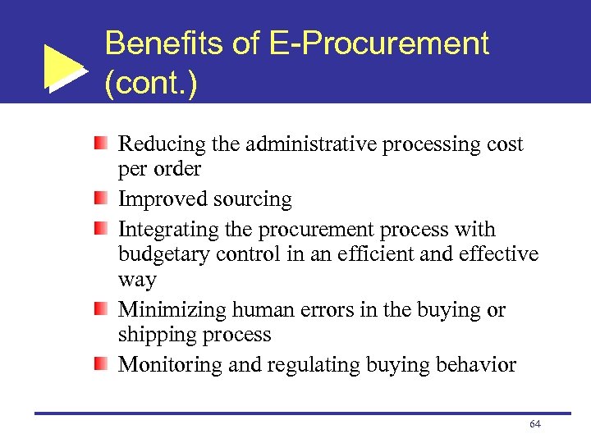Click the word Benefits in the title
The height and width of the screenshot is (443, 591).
click(164, 43)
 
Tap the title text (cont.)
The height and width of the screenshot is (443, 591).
click(151, 83)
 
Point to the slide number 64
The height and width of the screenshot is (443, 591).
click(535, 423)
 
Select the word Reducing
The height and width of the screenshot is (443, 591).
click(162, 145)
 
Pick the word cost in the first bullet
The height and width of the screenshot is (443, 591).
click(503, 144)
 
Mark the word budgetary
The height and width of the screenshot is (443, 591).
click(164, 253)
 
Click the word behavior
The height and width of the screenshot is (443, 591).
click(479, 364)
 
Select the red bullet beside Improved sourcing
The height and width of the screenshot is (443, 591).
click(100, 199)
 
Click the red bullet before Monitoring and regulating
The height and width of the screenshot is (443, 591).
click(100, 363)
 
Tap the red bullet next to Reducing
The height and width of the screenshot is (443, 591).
click(100, 144)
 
